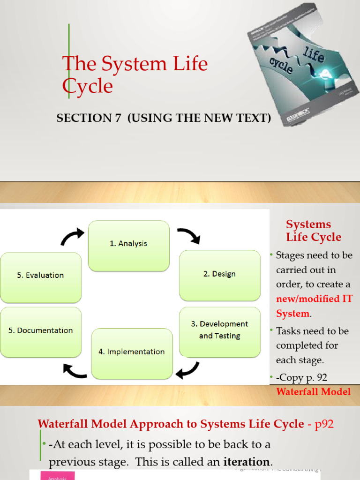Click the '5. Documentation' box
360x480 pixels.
(x=40, y=330)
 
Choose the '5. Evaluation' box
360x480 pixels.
(x=40, y=276)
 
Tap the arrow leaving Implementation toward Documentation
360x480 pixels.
(x=75, y=371)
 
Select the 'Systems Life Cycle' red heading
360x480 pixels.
(x=314, y=231)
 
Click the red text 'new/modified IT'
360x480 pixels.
(x=314, y=299)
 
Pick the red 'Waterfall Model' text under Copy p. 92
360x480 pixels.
(x=314, y=392)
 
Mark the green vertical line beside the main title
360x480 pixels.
(x=69, y=61)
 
